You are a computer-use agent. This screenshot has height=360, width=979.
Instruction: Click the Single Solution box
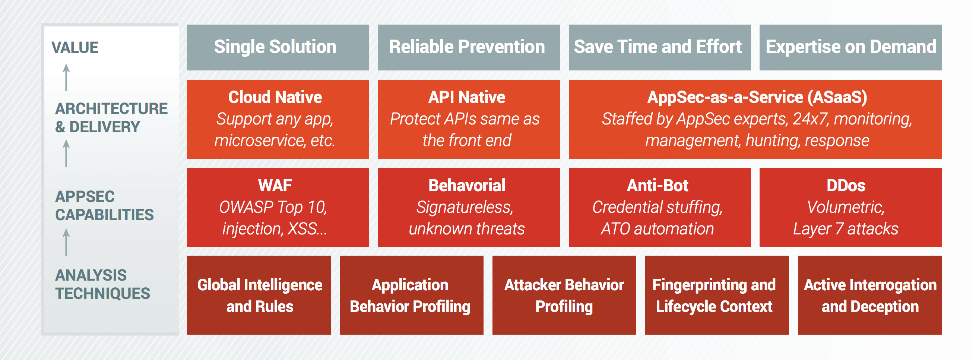[x=278, y=48]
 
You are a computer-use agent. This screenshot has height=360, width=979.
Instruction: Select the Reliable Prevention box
[x=469, y=48]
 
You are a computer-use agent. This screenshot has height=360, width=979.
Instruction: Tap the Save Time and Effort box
[x=660, y=48]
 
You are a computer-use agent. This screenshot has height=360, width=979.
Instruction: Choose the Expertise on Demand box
[x=850, y=48]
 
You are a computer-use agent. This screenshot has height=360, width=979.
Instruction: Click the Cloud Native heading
[x=275, y=97]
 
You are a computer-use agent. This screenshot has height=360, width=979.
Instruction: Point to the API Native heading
[x=467, y=97]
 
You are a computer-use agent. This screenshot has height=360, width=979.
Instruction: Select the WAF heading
[x=275, y=186]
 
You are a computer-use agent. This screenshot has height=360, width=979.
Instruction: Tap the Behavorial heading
[x=467, y=186]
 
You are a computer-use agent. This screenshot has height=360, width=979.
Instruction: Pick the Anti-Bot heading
[x=658, y=186]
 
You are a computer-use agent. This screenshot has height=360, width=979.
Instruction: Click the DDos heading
[x=846, y=186]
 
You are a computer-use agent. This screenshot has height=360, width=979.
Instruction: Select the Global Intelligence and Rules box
[x=259, y=295]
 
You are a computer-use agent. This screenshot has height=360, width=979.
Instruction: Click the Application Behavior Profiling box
[x=412, y=295]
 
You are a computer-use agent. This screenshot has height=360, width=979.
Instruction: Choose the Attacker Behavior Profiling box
[x=564, y=295]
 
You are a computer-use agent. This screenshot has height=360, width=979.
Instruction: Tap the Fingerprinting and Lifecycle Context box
[x=717, y=295]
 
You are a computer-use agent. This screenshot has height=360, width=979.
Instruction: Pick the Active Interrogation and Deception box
[x=870, y=295]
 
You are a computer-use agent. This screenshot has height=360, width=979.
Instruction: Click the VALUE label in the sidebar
[x=75, y=48]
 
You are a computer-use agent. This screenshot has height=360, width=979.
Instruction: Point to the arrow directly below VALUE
[x=66, y=77]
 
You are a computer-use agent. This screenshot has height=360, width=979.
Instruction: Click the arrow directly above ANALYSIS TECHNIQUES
[x=66, y=242]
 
